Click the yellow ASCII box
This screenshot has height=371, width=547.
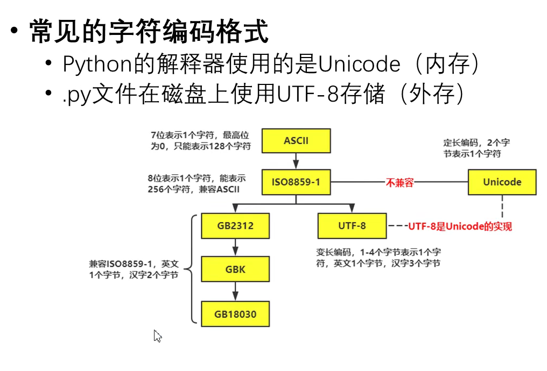(x=296, y=141)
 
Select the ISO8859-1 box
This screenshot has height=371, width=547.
(x=296, y=182)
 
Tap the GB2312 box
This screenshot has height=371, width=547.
(x=236, y=226)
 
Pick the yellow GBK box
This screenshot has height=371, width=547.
(x=236, y=269)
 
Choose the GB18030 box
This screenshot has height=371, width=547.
(x=236, y=313)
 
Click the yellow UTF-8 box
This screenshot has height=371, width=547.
(x=352, y=226)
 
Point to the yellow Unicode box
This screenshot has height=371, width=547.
(x=502, y=182)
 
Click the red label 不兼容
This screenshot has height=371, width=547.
(x=399, y=183)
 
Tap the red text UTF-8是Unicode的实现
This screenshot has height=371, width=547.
(x=460, y=226)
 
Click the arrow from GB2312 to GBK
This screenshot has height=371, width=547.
(x=236, y=247)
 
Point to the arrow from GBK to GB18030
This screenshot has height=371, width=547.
(x=236, y=291)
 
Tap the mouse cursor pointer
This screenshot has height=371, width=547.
(x=157, y=336)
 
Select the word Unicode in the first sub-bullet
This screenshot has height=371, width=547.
(x=359, y=65)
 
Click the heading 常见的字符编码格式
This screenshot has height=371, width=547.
(x=149, y=31)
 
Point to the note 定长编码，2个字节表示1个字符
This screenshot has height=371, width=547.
(x=476, y=148)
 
